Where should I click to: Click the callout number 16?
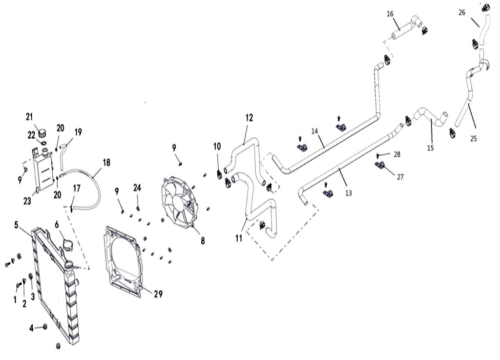[x=390, y=14]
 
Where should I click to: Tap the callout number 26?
[x=462, y=13]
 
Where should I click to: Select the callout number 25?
[x=473, y=139]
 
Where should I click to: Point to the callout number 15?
[x=430, y=148]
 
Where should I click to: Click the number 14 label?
[x=314, y=131]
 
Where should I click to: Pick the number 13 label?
[x=348, y=193]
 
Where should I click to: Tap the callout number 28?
[x=397, y=154]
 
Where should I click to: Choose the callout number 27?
[x=400, y=177]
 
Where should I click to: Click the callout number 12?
[x=250, y=118]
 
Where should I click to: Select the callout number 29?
[x=158, y=294]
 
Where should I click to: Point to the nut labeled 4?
[x=45, y=327]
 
